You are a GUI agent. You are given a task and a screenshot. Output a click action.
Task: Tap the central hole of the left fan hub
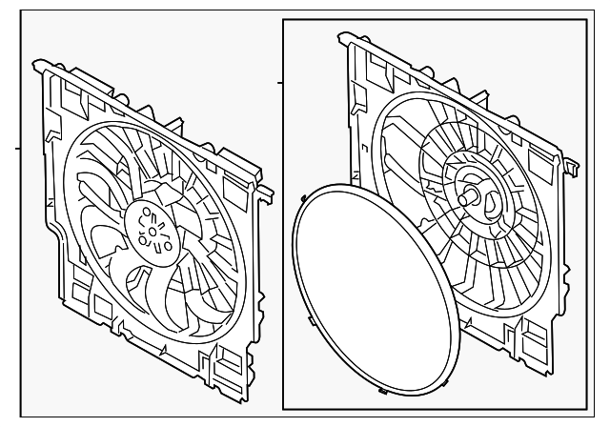pos(151,228)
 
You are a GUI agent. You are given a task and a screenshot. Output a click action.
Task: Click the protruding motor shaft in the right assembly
pos(469,198)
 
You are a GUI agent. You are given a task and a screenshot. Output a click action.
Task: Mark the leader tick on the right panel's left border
pos(280,84)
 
